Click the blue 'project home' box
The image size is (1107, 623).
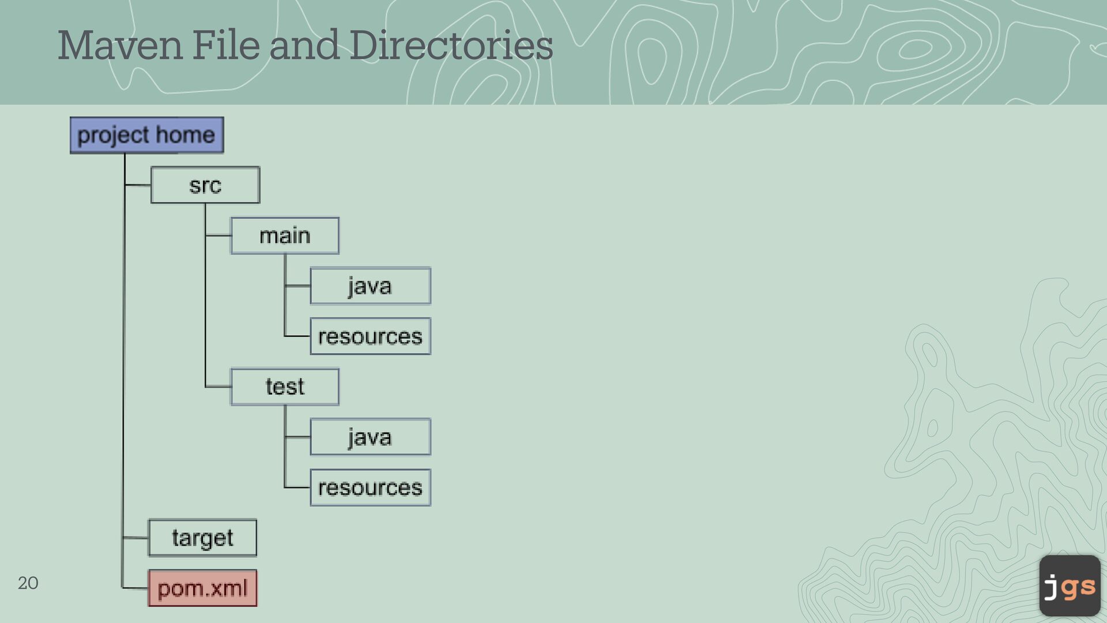coord(146,135)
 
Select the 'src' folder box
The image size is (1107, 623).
coord(205,185)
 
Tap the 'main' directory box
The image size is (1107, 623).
coord(285,236)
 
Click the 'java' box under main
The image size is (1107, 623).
coord(370,286)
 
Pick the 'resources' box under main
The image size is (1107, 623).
coord(370,336)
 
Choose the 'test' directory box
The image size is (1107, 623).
coord(285,386)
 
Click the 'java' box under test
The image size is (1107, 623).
coord(370,437)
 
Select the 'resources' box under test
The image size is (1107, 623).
coord(370,488)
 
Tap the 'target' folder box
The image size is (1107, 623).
coord(202,538)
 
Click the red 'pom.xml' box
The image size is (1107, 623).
coord(202,588)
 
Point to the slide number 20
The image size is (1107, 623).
coord(28,583)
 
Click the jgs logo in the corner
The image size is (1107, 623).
coord(1070,586)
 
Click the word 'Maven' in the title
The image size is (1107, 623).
coord(120,46)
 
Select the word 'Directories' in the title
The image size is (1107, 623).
coord(451,46)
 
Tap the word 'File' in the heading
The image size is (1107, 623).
coord(225,46)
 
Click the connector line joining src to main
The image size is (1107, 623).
coord(218,235)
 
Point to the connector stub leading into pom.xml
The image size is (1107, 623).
coord(135,588)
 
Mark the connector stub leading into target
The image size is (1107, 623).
coord(135,538)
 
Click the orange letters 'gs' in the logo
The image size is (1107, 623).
coord(1078,587)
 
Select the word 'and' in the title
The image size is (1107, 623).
coord(304,46)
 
